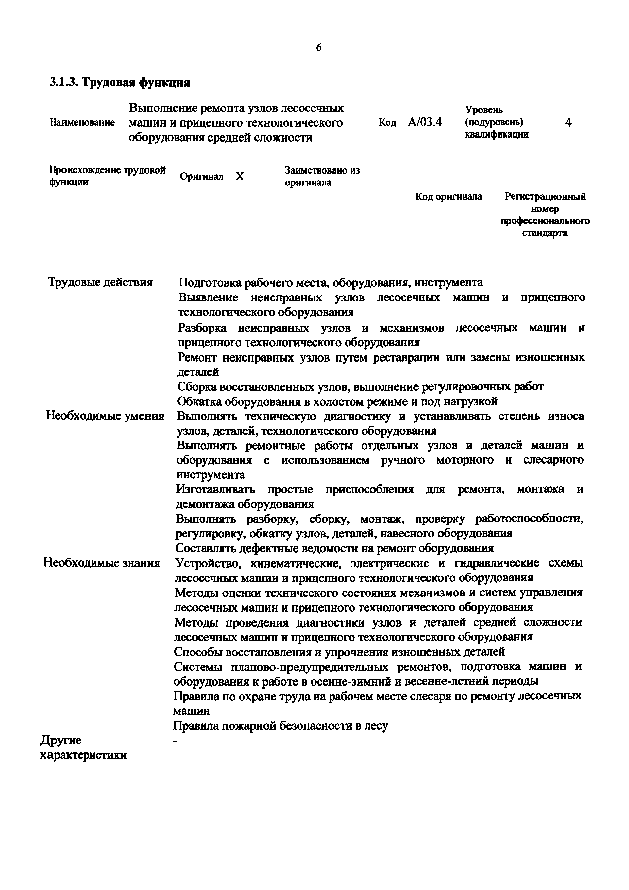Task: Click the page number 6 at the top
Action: pos(319,48)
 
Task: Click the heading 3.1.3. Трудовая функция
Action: pos(120,83)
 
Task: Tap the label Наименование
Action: pos(82,123)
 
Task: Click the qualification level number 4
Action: pos(568,123)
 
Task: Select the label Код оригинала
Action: pos(448,197)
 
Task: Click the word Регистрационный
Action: pos(545,197)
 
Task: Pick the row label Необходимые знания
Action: pos(101,563)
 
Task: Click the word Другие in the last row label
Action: pos(61,740)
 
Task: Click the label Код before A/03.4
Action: pos(387,123)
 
